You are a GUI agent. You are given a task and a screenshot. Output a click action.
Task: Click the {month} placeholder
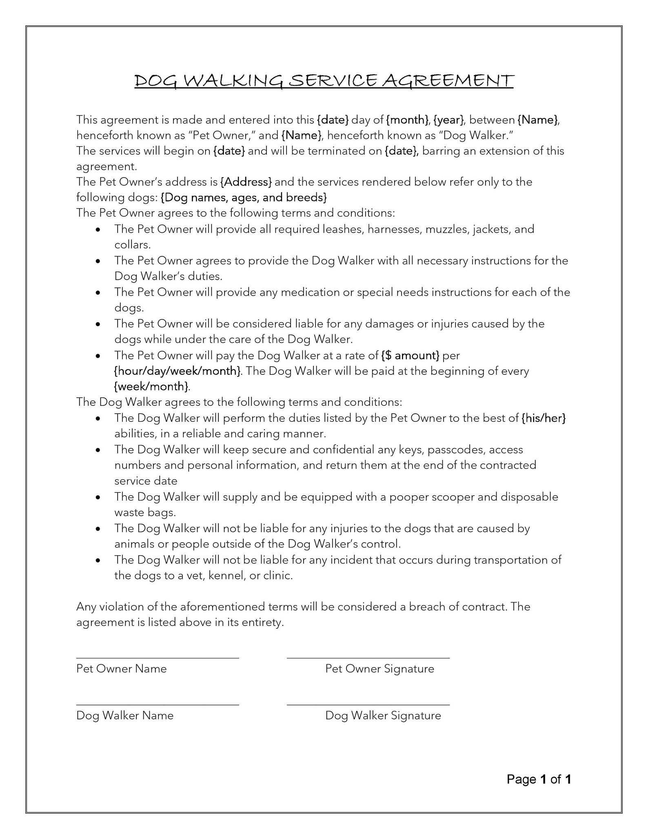click(x=407, y=120)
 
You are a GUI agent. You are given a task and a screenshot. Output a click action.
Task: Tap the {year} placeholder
click(x=448, y=120)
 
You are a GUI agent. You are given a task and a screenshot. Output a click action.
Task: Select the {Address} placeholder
click(x=246, y=182)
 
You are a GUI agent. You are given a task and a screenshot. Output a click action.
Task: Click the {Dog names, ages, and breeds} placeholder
click(x=244, y=198)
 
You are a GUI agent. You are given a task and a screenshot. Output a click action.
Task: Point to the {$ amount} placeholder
click(x=410, y=356)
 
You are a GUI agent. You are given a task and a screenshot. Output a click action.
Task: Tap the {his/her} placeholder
click(x=544, y=418)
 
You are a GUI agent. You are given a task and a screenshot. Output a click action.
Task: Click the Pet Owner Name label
click(x=121, y=669)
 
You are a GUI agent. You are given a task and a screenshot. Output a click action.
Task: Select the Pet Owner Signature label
click(x=379, y=669)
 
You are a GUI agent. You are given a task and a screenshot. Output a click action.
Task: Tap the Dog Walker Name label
click(x=124, y=715)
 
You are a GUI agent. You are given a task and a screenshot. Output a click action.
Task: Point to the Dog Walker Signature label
click(x=383, y=715)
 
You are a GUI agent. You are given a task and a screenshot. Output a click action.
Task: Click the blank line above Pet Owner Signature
click(x=368, y=658)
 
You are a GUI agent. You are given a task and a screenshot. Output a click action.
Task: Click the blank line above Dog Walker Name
click(x=158, y=704)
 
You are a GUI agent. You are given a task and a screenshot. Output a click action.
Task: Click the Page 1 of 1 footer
click(x=538, y=779)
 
